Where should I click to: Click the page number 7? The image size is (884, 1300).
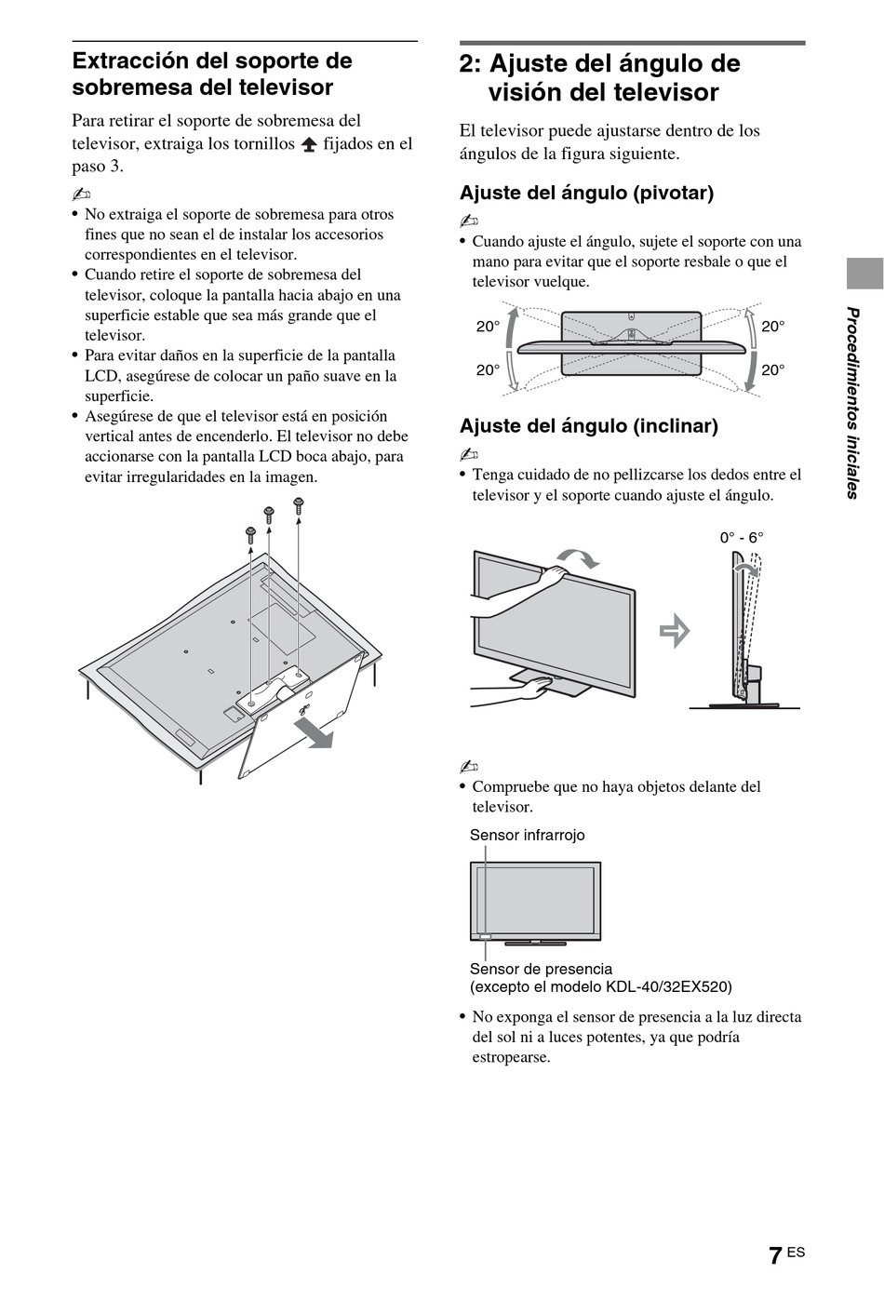coord(775,1255)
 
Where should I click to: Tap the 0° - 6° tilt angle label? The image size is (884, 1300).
coord(741,538)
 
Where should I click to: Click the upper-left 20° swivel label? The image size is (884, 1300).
coord(489,327)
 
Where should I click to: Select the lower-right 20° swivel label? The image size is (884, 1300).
coord(773,369)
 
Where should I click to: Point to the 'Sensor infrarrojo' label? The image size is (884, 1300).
coord(527,835)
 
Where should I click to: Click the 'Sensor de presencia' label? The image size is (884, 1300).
coord(541,969)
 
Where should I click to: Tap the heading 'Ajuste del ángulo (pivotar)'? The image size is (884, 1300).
coord(586,193)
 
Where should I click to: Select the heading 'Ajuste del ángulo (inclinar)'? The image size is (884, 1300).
coord(588,426)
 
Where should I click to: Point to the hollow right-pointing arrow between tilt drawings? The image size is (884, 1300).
coord(675,632)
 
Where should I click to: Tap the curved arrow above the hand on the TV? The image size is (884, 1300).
coord(580,557)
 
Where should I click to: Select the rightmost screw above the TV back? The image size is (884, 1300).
coord(299,505)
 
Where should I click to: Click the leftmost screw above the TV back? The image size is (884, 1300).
coord(250,534)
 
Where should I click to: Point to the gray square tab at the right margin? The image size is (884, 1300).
coord(864,274)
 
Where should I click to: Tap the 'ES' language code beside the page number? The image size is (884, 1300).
coord(796,1253)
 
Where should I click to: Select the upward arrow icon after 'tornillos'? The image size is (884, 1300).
coord(309,145)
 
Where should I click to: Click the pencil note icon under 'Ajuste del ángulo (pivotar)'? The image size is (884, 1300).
coord(468,221)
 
